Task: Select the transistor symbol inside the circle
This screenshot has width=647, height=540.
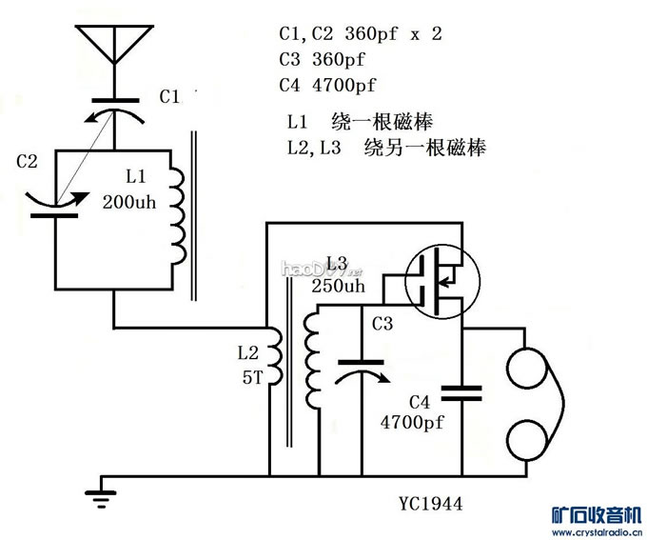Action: point(436,278)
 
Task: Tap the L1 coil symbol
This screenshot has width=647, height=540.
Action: point(178,209)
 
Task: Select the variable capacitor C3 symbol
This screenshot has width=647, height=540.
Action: point(361,369)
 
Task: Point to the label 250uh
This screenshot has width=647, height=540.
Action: point(338,286)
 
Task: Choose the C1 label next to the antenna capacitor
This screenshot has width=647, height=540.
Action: point(169,96)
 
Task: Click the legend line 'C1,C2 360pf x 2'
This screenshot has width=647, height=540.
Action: point(361,33)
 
